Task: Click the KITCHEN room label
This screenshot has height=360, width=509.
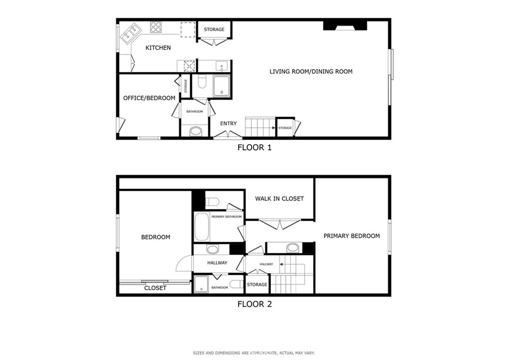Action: [158, 48]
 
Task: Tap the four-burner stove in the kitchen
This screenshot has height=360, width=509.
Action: [156, 27]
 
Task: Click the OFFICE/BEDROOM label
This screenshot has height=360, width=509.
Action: [149, 98]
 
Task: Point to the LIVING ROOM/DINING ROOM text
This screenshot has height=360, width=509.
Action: [311, 72]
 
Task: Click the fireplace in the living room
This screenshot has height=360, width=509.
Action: [345, 26]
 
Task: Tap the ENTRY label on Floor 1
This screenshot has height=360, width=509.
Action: [229, 123]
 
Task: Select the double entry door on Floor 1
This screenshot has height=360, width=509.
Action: [228, 134]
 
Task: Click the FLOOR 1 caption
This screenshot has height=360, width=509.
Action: [254, 148]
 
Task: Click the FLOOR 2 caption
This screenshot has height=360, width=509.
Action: [254, 304]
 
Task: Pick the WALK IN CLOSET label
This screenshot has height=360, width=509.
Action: [279, 198]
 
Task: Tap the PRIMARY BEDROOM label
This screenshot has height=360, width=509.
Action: [351, 236]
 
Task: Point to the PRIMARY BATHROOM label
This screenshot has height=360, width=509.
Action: [227, 216]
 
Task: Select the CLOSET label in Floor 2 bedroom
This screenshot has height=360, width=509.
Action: [155, 288]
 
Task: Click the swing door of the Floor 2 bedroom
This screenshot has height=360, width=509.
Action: [184, 263]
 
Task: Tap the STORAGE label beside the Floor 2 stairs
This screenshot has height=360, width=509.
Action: [257, 285]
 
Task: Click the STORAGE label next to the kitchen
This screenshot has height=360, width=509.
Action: [214, 29]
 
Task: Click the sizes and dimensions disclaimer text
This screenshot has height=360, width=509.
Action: [254, 353]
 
